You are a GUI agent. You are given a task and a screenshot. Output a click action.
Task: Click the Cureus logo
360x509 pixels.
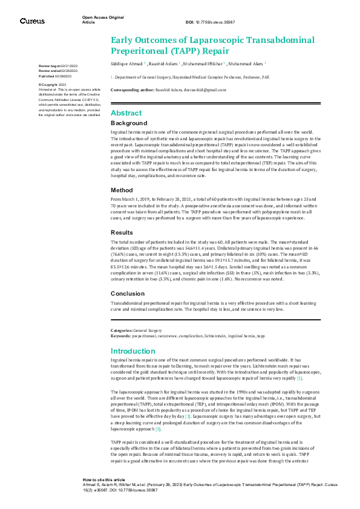pos(31,21)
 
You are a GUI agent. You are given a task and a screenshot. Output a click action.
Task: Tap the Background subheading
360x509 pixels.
pos(128,123)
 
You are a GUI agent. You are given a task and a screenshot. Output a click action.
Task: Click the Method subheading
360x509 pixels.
pos(122,189)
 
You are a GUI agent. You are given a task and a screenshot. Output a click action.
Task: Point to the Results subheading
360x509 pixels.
pos(123,232)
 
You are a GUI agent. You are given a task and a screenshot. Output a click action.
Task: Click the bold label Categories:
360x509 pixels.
pos(122,330)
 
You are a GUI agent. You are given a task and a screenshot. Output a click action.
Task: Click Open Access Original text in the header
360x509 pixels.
pos(98,18)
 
